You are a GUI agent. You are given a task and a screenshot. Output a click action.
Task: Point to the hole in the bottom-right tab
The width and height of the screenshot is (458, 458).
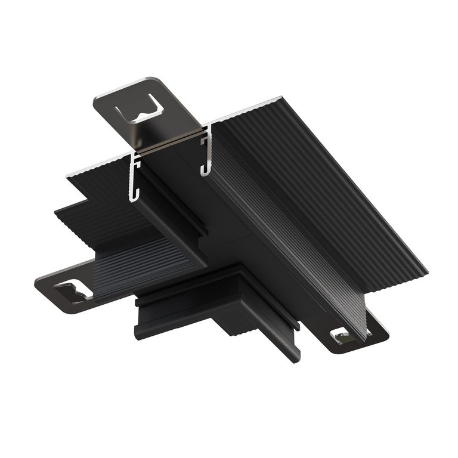(343, 337)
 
